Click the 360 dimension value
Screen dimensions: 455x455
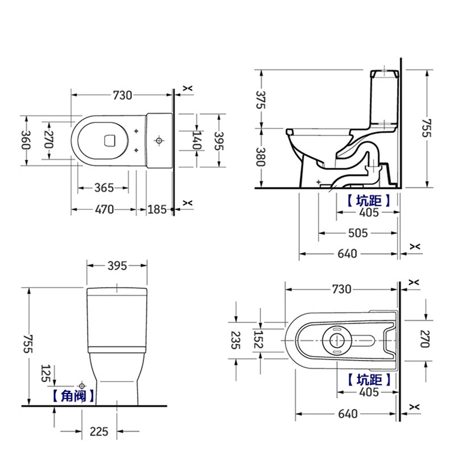[26, 140]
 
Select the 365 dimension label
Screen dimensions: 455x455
[104, 188]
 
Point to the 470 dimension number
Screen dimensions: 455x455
[105, 209]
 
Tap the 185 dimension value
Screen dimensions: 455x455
[157, 209]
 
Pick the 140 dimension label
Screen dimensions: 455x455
[197, 140]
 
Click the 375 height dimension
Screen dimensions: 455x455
[261, 100]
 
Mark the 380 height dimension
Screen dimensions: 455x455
[261, 157]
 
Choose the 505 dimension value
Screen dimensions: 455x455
[358, 233]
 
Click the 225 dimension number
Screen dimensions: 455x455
[99, 432]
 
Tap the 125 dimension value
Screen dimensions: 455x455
[47, 374]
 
